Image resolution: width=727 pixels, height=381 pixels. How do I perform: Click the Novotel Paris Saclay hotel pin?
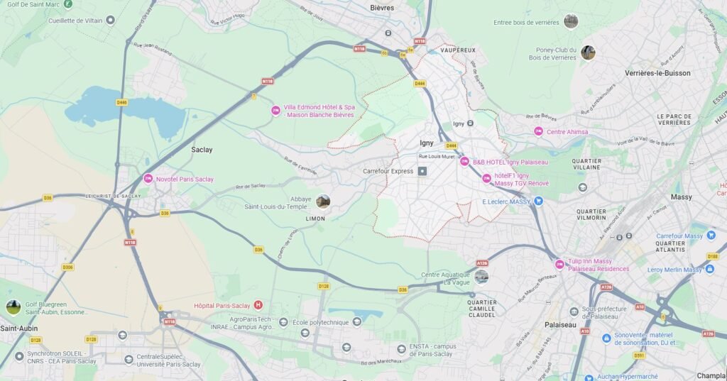tap(148, 178)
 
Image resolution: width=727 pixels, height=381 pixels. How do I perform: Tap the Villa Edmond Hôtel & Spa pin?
tap(275, 110)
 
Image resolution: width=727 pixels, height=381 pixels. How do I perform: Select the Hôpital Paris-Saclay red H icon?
tap(258, 305)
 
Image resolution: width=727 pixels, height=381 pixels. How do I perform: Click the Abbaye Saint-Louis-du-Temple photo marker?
tap(323, 201)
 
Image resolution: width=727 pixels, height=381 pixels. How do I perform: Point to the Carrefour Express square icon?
tap(422, 171)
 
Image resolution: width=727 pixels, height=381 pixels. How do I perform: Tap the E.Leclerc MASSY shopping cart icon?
tap(538, 201)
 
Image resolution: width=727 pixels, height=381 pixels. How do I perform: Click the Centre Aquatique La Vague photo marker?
tap(481, 277)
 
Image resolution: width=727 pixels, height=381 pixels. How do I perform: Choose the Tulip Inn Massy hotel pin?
tap(559, 265)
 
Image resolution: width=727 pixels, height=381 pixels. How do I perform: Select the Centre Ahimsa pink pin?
tap(538, 131)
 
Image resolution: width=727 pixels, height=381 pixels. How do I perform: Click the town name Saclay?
tap(202, 150)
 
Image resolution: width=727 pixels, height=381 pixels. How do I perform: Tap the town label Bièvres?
tap(382, 8)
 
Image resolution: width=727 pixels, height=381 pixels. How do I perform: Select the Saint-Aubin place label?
tap(19, 328)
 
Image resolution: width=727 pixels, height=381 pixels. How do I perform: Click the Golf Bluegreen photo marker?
tap(13, 307)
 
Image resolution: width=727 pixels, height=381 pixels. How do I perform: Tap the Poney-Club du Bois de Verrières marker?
tap(588, 53)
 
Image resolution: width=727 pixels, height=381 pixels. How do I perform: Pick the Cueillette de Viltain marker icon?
tap(110, 20)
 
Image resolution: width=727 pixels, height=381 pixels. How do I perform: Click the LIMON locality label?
tap(315, 219)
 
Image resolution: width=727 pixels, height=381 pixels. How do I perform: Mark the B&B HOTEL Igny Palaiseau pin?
tap(465, 162)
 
